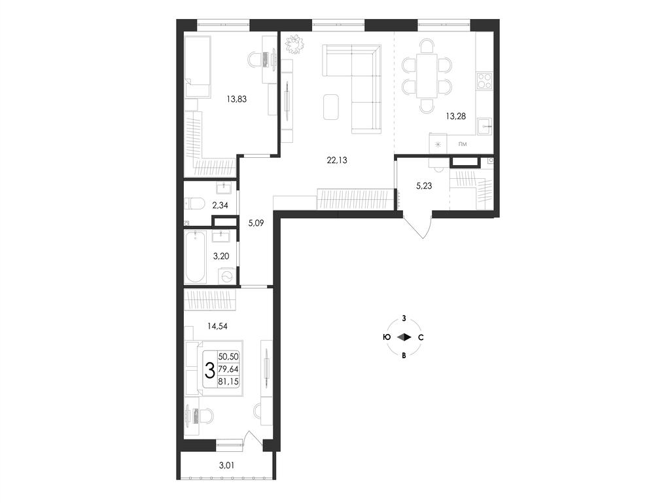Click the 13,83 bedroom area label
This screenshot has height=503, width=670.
(237, 100)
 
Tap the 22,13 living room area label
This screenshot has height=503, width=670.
(337, 160)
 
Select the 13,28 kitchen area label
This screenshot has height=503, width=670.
(455, 116)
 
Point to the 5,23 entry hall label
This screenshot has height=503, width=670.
(424, 185)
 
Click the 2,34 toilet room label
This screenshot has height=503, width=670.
(220, 205)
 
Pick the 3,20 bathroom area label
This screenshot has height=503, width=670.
(221, 256)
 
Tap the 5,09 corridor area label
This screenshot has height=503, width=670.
(256, 223)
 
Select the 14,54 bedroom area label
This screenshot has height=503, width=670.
(217, 326)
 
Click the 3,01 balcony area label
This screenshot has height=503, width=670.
(226, 466)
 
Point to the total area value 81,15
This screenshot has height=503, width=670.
(228, 382)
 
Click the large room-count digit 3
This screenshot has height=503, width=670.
(210, 370)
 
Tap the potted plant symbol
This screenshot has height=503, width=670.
(294, 44)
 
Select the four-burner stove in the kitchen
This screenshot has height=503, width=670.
(485, 81)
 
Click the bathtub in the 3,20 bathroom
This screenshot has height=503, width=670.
(196, 257)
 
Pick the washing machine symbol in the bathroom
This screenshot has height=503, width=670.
(227, 276)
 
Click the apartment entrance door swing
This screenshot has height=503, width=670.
(417, 225)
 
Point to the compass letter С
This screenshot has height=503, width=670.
(421, 337)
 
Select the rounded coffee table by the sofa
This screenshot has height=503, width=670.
(331, 107)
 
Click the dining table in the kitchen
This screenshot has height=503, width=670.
(427, 76)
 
